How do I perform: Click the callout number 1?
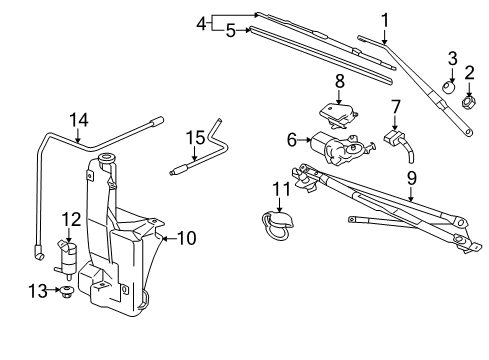pos(384,17)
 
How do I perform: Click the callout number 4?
pos(201,22)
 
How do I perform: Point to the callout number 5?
pos(230,31)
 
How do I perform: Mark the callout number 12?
pos(70,218)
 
